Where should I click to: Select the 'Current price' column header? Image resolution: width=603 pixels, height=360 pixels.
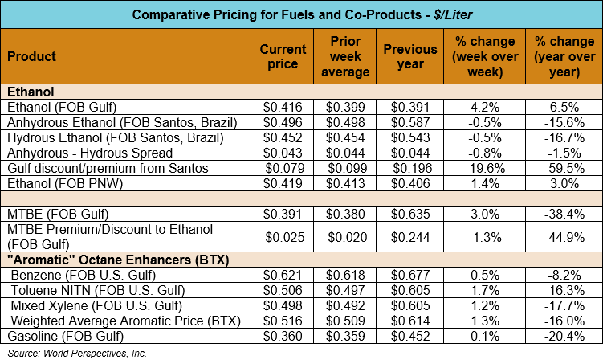pos(283,57)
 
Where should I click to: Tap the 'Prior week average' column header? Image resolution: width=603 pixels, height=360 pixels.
pos(349,57)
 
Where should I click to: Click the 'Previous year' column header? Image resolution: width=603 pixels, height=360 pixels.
pos(411,57)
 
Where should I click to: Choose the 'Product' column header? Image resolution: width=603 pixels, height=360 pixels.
pos(32,57)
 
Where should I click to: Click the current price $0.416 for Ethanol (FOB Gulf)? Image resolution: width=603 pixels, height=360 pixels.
pos(283,107)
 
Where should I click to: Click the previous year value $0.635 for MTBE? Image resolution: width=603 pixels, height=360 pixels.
pos(411,215)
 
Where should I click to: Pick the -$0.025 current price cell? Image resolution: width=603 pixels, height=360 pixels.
pos(283,237)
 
